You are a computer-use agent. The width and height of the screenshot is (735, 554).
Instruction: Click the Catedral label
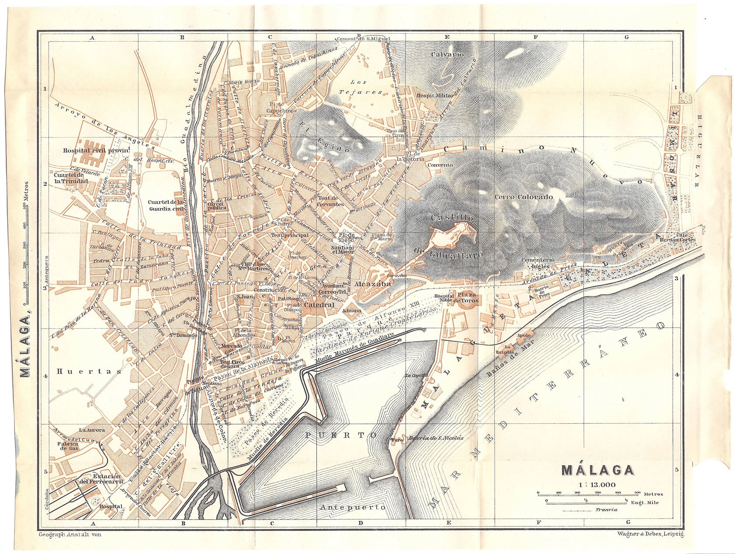tap(319, 305)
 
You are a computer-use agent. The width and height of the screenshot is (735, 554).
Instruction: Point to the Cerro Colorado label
tap(524, 197)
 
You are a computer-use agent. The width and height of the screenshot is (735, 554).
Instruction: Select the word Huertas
tap(89, 371)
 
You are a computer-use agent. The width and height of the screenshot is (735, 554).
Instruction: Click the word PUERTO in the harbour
tap(340, 436)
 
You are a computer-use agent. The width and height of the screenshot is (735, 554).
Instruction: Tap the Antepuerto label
tap(353, 507)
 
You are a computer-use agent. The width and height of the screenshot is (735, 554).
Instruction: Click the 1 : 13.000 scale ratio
tap(597, 484)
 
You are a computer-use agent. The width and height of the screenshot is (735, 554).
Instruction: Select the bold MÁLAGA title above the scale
tap(597, 470)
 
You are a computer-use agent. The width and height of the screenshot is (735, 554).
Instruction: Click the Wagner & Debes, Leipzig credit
tap(651, 534)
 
